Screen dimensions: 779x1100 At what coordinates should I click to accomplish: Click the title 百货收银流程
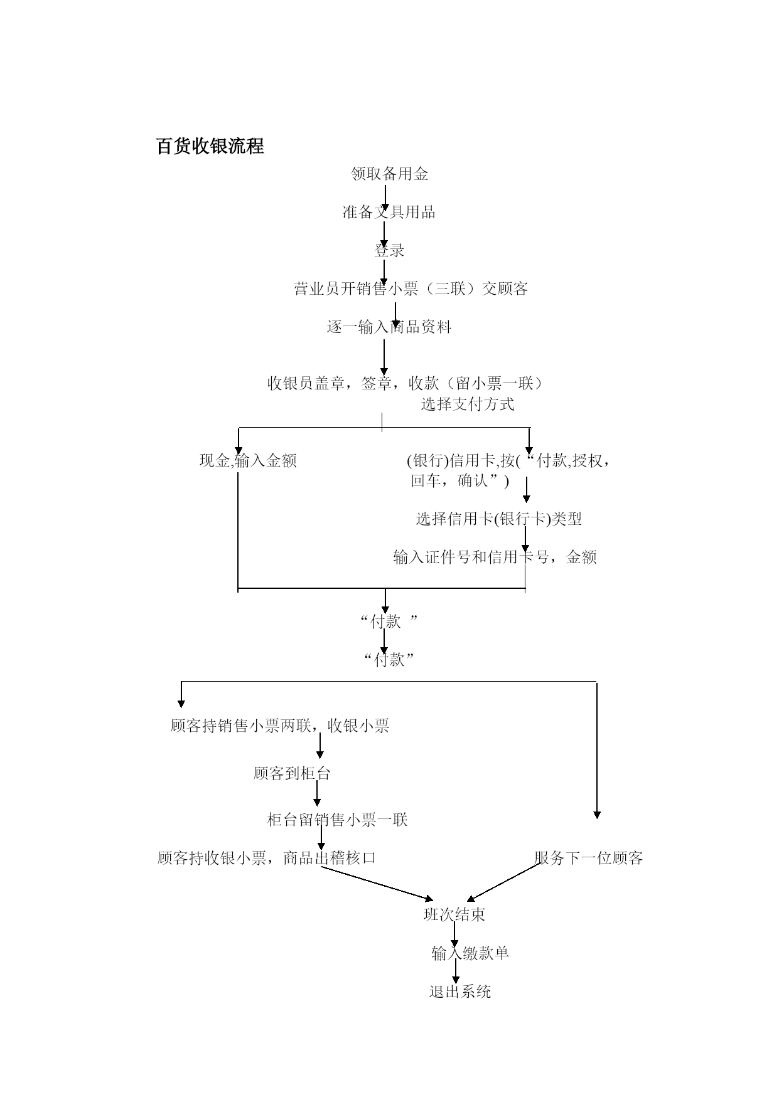[210, 147]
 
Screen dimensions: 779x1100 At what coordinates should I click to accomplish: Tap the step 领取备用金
[389, 174]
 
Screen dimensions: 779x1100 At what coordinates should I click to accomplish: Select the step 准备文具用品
[389, 212]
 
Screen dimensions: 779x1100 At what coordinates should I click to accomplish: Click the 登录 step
[389, 250]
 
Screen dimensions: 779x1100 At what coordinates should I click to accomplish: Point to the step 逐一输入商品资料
[389, 327]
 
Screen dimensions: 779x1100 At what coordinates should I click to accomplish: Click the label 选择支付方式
[467, 404]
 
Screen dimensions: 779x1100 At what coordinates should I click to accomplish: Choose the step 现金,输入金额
[248, 461]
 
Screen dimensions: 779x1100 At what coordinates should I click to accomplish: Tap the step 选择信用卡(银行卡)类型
[498, 519]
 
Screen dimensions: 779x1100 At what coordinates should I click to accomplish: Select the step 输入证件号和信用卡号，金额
[495, 557]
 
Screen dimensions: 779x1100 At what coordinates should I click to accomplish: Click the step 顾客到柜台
[292, 773]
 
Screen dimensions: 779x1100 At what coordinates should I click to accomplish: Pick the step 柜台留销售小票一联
[338, 820]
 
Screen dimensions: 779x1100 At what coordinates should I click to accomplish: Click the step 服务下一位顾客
[589, 858]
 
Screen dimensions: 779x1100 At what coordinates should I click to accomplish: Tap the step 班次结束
[454, 915]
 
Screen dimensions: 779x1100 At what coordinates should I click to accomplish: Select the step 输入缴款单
[470, 953]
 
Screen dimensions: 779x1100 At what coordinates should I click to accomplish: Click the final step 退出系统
[460, 992]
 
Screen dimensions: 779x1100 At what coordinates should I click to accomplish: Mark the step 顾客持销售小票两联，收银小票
[280, 726]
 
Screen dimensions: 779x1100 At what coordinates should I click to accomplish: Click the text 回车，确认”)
[460, 481]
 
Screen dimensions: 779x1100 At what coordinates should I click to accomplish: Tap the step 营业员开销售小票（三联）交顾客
[411, 288]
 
